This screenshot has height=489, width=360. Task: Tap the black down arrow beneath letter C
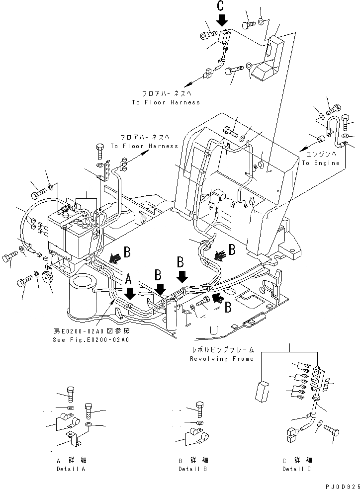point(222,20)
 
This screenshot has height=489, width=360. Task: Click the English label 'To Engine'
point(321,163)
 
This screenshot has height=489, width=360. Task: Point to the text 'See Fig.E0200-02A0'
point(90,340)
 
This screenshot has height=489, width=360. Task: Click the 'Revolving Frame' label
point(222,358)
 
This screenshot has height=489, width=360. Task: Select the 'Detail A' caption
point(71,469)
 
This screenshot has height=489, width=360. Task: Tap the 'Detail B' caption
point(193,469)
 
